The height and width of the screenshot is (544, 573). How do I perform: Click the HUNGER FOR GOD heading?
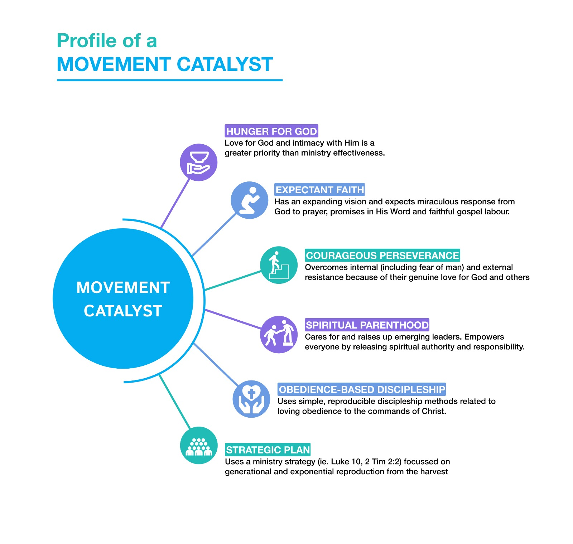pos(271,131)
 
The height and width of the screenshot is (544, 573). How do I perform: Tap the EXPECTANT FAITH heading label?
pos(319,190)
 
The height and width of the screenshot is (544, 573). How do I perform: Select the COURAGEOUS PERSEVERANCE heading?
pos(382,256)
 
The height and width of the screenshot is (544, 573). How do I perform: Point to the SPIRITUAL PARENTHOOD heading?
pos(367,325)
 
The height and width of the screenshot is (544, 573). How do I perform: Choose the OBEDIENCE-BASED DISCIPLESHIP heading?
pos(362,389)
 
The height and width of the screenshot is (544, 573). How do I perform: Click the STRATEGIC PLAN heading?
pos(268,450)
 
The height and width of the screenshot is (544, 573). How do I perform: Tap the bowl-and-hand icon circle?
pos(198,162)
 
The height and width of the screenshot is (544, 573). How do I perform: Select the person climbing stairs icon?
pos(279,265)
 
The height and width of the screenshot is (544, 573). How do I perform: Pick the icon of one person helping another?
pos(279,335)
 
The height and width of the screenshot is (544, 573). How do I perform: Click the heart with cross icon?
pos(251,399)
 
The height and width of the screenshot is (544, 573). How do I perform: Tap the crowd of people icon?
pos(199,446)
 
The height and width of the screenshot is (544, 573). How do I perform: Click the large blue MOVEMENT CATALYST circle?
pos(123,298)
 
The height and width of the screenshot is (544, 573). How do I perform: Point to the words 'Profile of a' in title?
pos(107,41)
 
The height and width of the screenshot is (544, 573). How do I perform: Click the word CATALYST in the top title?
pos(225,64)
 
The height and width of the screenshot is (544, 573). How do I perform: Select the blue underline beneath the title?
pos(169,80)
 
